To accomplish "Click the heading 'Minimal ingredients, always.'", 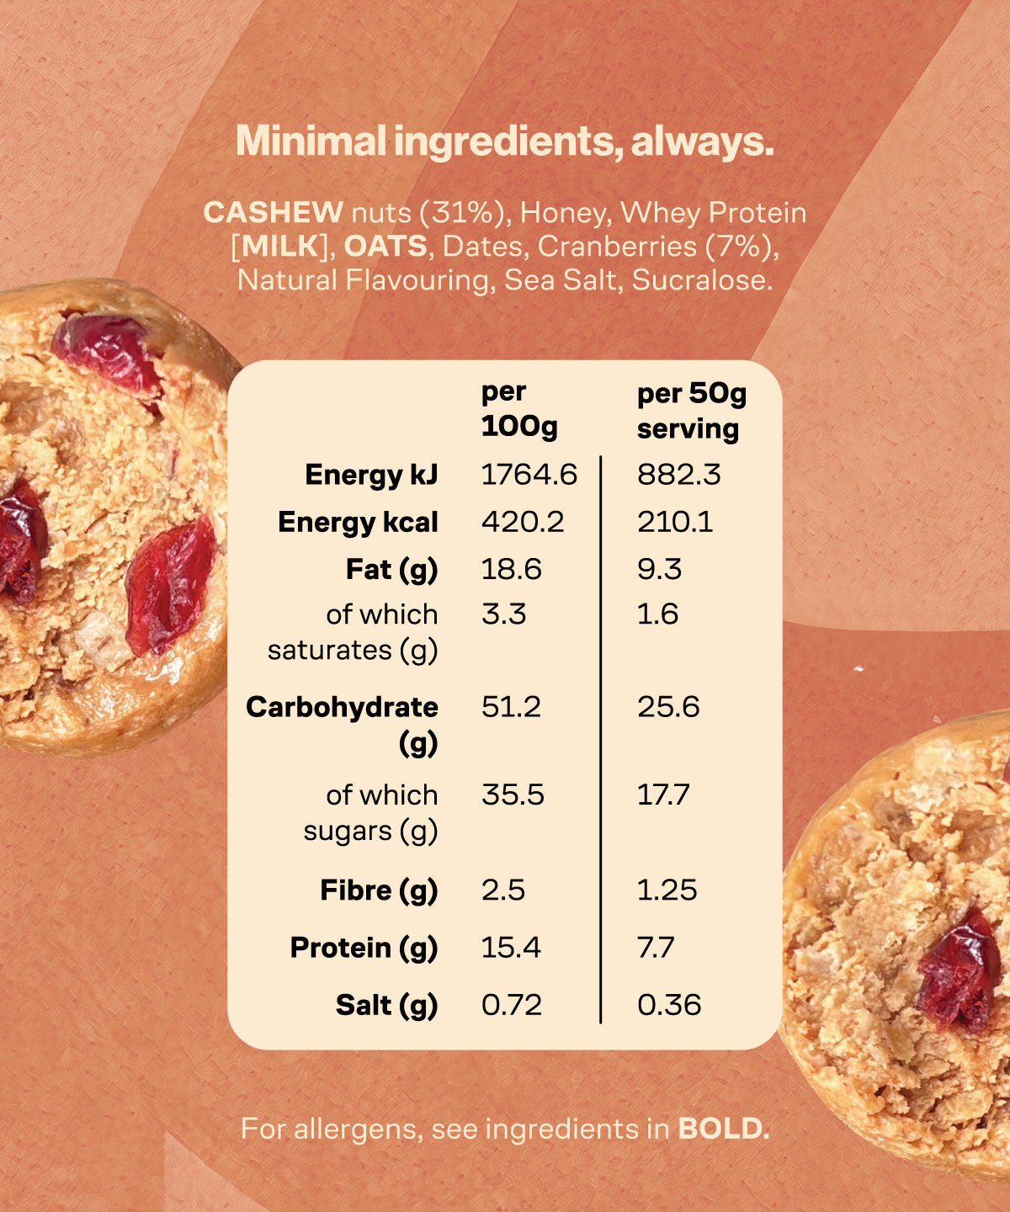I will (504, 141).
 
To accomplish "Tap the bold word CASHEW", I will (273, 213).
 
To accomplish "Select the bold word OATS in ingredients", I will (385, 247).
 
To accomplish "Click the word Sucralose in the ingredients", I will (702, 280).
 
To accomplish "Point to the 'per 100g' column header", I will (518, 409).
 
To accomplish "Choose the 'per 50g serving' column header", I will (691, 411).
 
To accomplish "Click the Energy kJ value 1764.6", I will (529, 475).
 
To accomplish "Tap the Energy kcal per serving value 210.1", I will (675, 522).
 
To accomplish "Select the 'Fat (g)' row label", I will (391, 570).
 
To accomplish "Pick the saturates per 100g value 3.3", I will (503, 614).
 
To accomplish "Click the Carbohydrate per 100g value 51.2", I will (511, 707).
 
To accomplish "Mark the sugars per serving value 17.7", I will (663, 795).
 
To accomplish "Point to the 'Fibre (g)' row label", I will (379, 890).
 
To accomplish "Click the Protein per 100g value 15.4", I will (511, 949).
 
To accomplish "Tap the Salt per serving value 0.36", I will (669, 1005).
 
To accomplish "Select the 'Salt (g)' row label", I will (386, 1005).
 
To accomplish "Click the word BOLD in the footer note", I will (724, 1130).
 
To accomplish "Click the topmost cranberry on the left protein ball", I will (108, 352).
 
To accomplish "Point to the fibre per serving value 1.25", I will (667, 890).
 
